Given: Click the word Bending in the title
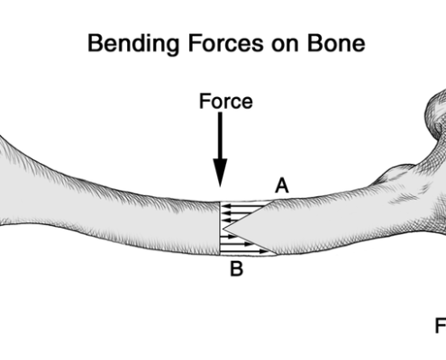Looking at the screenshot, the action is point(133,44).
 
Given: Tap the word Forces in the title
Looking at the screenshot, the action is point(226,43).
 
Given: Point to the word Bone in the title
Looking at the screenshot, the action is point(336,43).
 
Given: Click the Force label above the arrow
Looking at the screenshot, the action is point(226,101).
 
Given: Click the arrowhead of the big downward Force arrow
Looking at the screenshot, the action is point(220,173).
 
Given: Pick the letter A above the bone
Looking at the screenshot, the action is point(282,185).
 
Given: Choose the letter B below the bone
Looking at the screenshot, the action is point(236,268).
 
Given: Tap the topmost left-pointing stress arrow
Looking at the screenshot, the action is point(244,206).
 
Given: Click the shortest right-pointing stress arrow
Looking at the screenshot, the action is point(228,237).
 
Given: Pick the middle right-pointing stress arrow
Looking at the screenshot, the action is point(236,244).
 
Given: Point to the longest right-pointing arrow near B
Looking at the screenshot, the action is point(244,252).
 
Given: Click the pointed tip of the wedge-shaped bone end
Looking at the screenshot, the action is point(223,229).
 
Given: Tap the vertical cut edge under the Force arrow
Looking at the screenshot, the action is point(221,228).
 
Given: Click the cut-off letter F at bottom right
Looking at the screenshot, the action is point(441,326).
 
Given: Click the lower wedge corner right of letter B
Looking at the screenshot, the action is point(277,255).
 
